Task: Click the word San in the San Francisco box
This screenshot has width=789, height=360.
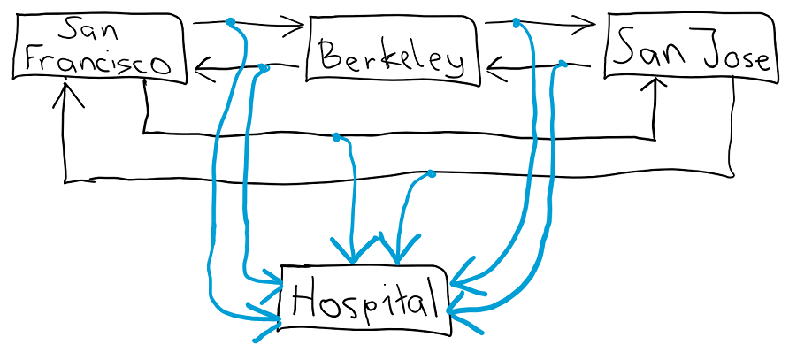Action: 80,32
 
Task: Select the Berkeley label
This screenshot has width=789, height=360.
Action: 392,57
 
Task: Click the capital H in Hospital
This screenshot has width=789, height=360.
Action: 304,302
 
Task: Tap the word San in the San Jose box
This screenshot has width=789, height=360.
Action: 645,49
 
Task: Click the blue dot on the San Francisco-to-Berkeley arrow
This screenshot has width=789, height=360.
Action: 231,22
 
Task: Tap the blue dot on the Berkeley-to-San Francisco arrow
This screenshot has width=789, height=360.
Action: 263,67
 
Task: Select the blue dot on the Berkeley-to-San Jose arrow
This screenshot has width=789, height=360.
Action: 517,21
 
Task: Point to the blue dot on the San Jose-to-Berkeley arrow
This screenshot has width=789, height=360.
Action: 562,64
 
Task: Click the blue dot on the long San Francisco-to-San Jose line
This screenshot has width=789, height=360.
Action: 336,137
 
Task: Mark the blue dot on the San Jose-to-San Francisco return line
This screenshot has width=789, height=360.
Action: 431,174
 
